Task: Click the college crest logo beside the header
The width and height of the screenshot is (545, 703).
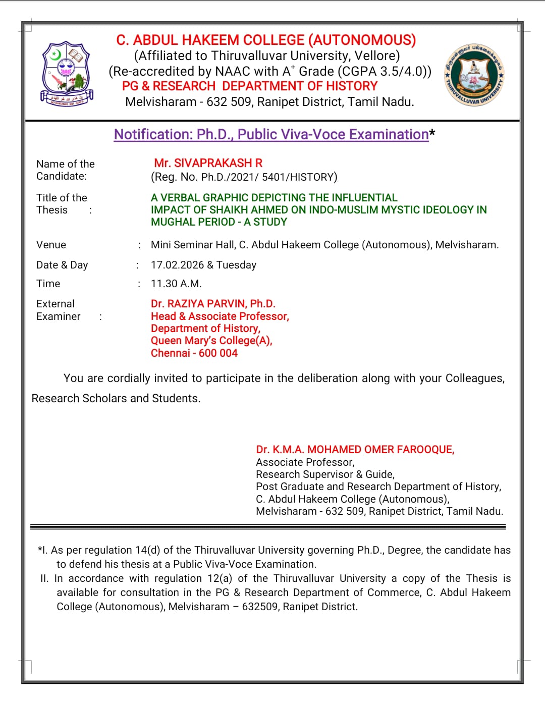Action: [67, 74]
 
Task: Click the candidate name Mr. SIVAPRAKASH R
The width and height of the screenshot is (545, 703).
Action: [208, 163]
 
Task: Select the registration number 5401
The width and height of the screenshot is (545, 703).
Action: [273, 177]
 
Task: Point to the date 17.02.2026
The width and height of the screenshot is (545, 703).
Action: [177, 265]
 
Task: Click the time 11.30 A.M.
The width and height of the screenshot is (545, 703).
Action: [176, 284]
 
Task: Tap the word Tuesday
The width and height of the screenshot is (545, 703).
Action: [236, 265]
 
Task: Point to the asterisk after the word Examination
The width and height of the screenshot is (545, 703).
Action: [432, 133]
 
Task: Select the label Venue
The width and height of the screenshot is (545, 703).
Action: [51, 245]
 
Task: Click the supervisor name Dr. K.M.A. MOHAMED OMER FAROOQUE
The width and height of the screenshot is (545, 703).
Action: [355, 450]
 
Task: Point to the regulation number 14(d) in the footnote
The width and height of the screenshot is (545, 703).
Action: [147, 550]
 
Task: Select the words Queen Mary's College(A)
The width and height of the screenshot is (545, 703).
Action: [211, 341]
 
